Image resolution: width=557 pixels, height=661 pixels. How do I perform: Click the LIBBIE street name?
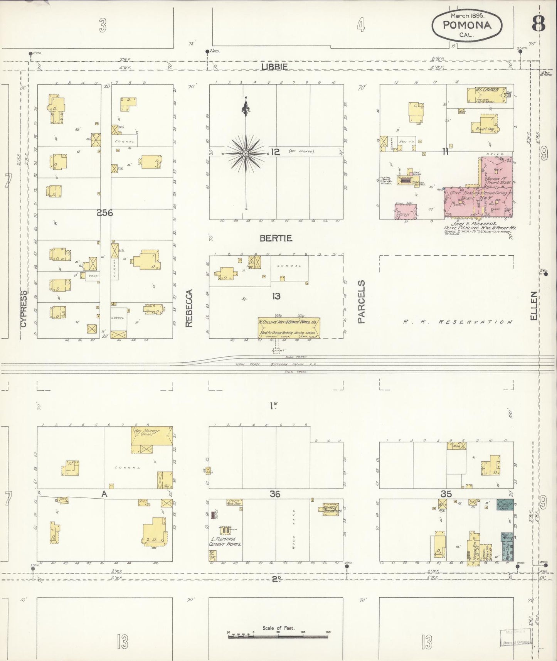click(x=274, y=67)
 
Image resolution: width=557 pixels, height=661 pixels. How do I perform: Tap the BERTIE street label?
click(x=276, y=238)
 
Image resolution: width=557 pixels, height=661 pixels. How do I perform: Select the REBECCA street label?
click(x=188, y=308)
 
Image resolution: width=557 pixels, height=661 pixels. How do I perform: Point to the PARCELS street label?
click(x=361, y=302)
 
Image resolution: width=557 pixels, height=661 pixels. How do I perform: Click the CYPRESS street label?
click(x=24, y=309)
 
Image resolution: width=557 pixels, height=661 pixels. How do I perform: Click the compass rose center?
click(x=246, y=154)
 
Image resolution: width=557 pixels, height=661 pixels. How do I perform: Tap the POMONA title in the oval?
click(x=467, y=25)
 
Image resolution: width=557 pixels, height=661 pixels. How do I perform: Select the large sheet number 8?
click(x=538, y=24)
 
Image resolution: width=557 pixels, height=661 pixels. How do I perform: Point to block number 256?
click(x=104, y=212)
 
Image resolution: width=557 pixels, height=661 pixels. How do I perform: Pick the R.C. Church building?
click(x=486, y=95)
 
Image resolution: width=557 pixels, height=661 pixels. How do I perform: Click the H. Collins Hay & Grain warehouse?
click(x=289, y=328)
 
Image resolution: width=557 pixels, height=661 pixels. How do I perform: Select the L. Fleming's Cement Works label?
click(x=225, y=541)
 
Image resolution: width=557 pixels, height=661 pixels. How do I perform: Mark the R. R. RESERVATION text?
click(x=458, y=322)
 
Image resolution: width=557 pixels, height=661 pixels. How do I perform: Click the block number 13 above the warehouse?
click(x=276, y=296)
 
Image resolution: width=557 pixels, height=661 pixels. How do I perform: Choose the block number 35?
click(x=446, y=494)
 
